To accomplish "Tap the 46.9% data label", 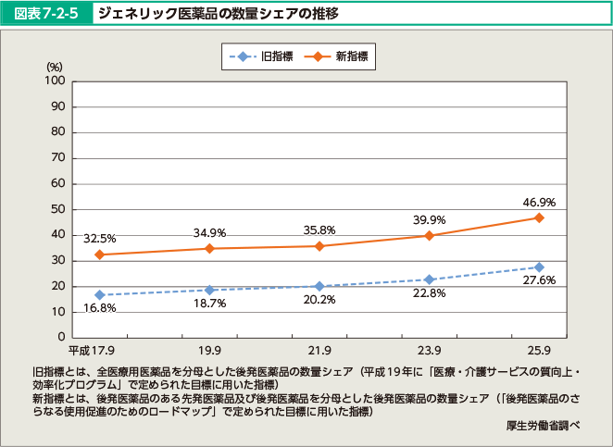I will point(538,201).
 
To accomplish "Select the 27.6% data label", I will point(538,279).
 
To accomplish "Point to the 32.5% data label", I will point(100,238).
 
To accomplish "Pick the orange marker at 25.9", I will point(539,217).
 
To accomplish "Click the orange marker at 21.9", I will point(319,246).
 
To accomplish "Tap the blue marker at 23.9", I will point(429,279).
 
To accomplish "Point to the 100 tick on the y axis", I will point(54,81).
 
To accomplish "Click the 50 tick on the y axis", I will point(56,209).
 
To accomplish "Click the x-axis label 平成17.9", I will point(93,351).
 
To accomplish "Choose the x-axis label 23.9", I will point(429,351).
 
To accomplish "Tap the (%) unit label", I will point(54,67).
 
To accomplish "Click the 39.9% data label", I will point(429,219).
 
